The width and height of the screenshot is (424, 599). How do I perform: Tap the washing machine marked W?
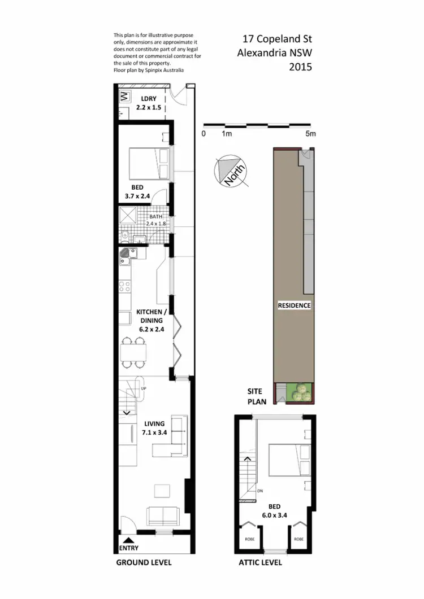pyautogui.click(x=124, y=97)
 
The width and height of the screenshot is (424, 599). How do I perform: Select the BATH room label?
pyautogui.click(x=156, y=216)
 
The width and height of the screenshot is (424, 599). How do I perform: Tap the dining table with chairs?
pyautogui.click(x=133, y=352)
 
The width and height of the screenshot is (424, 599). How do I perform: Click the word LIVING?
pyautogui.click(x=154, y=423)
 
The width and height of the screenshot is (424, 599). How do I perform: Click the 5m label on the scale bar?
pyautogui.click(x=310, y=134)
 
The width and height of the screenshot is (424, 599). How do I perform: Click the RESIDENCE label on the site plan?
pyautogui.click(x=294, y=305)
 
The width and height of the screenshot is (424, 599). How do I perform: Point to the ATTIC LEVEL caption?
pyautogui.click(x=260, y=562)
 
